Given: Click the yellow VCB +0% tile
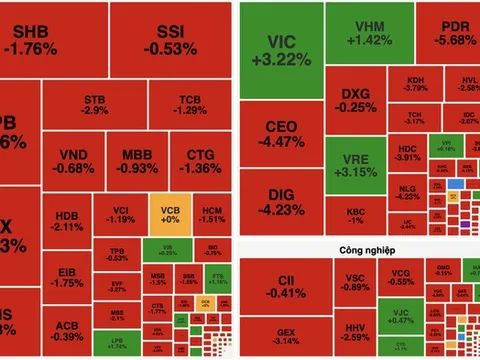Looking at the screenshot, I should point(170,215).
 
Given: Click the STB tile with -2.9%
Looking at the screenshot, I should point(96,106).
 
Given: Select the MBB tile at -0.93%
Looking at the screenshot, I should point(139,163).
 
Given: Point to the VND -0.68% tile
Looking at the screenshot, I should point(75,163).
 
